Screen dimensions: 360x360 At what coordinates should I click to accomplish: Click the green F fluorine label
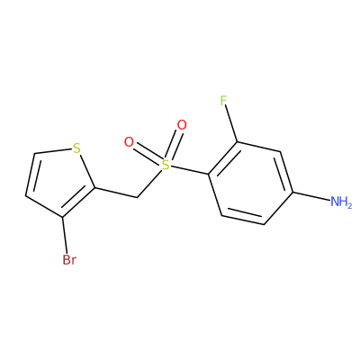tap(223, 101)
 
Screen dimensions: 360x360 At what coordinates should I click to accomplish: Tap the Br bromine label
tap(69, 260)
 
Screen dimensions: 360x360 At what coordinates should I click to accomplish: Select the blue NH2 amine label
tap(341, 202)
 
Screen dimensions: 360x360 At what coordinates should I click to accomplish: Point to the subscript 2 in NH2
tap(349, 205)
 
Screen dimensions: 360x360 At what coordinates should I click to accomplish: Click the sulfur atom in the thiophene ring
tap(76, 148)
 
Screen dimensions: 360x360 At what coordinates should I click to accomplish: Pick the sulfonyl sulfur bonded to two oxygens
tap(166, 165)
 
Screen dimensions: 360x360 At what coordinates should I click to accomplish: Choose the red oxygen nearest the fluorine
tap(182, 125)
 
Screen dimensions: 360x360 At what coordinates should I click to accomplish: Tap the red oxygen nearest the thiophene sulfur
tap(130, 142)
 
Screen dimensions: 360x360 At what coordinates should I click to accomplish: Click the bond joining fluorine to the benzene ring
tap(231, 124)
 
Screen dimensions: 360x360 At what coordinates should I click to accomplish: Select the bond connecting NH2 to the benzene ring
tap(311, 195)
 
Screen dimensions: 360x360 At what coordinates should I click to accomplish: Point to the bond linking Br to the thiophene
tap(65, 235)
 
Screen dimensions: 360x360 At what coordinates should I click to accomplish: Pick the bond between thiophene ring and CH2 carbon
tap(116, 193)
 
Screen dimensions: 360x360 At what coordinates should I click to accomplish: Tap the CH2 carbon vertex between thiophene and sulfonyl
tap(137, 197)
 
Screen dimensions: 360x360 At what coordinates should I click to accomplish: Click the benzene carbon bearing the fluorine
tap(238, 142)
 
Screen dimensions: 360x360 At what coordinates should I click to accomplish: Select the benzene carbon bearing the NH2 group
tap(292, 192)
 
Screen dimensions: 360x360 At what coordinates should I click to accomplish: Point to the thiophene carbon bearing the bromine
tap(62, 217)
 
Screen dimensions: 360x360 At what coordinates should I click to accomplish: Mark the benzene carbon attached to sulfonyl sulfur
tap(209, 174)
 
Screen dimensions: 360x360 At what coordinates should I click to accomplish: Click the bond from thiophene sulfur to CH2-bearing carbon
tap(87, 171)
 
